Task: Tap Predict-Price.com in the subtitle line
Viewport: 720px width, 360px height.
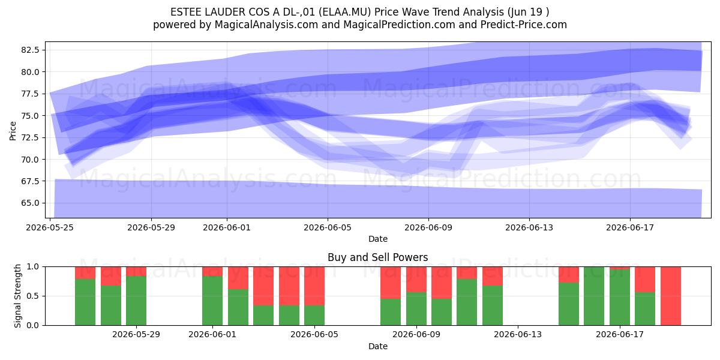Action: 524,25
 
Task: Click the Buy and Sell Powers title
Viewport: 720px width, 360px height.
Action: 377,257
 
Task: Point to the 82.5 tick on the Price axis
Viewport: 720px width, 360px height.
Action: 30,50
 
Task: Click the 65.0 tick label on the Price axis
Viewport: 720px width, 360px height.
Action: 30,203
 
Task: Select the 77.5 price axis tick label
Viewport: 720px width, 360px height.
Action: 30,94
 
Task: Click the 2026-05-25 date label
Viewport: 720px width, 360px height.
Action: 50,227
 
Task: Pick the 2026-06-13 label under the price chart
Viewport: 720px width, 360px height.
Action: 529,227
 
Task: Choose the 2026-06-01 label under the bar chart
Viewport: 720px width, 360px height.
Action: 212,334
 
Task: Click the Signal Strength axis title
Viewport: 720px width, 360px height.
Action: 17,296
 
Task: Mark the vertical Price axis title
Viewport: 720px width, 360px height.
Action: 13,131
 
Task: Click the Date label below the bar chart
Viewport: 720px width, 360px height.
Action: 377,346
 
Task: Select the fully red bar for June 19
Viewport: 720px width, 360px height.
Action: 671,296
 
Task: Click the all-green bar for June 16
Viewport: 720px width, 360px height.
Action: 594,296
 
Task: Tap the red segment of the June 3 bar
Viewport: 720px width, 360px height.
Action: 263,286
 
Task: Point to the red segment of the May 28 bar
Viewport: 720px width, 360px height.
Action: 136,271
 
